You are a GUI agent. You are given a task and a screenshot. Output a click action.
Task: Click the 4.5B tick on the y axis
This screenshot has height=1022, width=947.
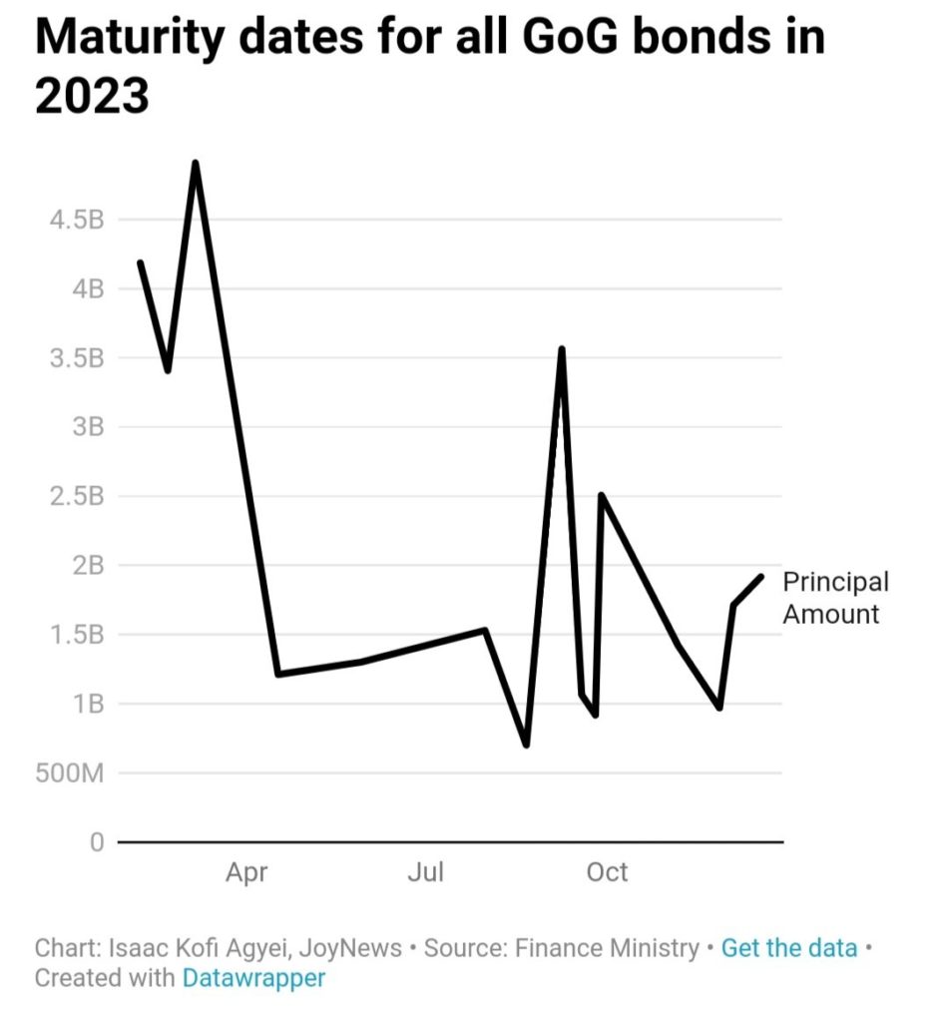76,220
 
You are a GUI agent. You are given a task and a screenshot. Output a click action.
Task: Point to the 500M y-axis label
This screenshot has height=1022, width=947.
70,773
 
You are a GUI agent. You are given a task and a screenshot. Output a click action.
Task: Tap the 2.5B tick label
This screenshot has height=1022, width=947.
76,496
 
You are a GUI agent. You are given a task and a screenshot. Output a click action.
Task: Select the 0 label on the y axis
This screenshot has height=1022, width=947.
96,842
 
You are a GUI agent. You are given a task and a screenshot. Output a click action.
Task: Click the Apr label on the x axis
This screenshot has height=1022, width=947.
246,873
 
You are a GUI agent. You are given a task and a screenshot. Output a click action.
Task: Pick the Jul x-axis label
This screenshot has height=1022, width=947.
425,873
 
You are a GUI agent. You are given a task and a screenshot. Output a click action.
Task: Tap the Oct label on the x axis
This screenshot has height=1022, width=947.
607,873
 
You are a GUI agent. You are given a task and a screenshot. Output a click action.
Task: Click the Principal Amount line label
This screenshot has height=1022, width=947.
834,598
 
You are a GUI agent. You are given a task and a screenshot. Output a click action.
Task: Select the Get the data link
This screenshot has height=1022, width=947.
789,948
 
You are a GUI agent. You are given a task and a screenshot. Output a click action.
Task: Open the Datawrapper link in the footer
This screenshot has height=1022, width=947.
253,978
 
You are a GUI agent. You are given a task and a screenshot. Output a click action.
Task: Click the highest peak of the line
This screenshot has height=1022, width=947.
196,163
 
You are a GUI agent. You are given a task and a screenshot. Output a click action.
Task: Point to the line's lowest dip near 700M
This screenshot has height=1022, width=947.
526,745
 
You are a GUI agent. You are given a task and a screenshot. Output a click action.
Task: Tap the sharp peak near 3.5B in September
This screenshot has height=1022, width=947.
562,349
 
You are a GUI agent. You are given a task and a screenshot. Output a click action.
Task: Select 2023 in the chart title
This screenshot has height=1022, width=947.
92,97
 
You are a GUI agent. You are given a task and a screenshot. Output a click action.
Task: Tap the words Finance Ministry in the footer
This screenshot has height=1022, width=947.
607,948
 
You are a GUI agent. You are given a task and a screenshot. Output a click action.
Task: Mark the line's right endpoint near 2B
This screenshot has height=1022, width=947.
761,576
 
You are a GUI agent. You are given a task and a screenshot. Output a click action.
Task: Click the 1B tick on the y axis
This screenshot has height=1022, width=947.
87,705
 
